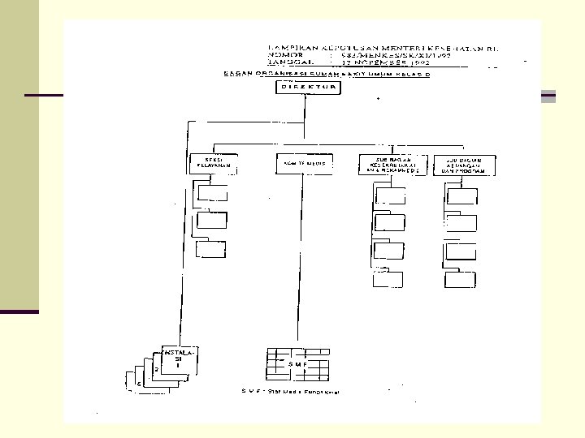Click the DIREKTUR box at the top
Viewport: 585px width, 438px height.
(303, 87)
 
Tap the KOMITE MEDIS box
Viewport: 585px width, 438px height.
(304, 164)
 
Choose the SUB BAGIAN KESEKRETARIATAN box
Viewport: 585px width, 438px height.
(388, 164)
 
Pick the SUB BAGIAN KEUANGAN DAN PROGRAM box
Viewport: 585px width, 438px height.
(461, 164)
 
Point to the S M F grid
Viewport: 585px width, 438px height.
(298, 364)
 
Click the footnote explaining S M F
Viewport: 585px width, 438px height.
(290, 392)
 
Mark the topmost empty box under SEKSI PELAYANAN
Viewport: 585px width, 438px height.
(212, 193)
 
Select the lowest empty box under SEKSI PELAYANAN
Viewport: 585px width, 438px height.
(212, 249)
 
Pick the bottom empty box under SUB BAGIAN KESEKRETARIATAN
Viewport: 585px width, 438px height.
(388, 279)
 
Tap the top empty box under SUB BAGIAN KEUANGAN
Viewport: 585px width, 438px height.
(462, 195)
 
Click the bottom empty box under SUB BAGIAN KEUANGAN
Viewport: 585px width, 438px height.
(461, 279)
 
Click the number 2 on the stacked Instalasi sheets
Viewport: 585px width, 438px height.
(156, 370)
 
